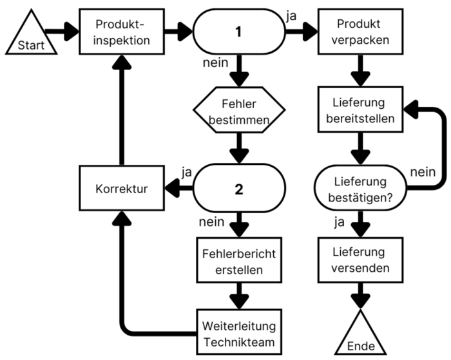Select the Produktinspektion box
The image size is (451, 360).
click(x=119, y=31)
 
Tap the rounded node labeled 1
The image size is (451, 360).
click(x=239, y=31)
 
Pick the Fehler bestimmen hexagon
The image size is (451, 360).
click(x=239, y=111)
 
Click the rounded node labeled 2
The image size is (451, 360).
click(x=239, y=191)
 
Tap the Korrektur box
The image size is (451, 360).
click(x=119, y=191)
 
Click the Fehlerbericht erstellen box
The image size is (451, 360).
click(x=239, y=261)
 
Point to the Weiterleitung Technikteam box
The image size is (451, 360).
click(x=239, y=331)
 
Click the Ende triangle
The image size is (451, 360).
click(x=360, y=337)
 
